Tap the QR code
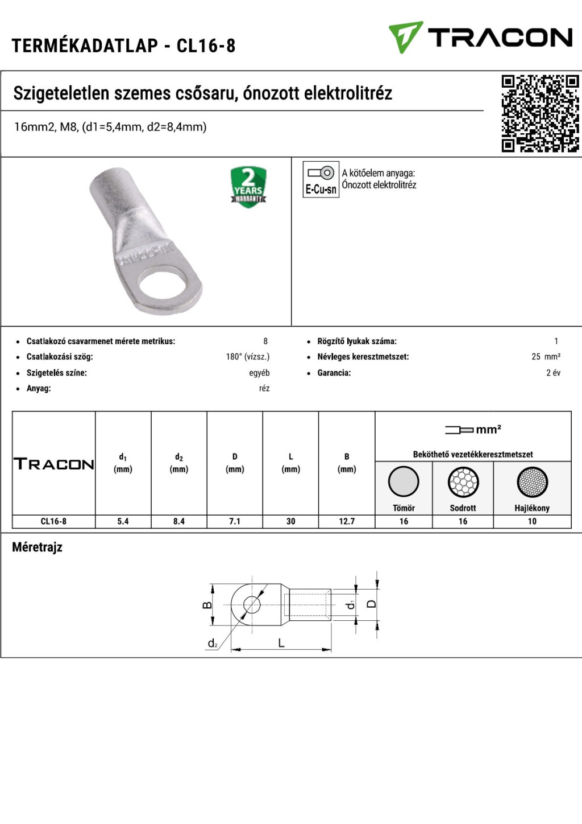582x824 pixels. [539, 113]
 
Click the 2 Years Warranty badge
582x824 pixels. [248, 187]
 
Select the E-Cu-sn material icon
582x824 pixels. [321, 179]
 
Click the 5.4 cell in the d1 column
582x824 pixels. [123, 521]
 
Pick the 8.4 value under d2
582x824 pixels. [179, 521]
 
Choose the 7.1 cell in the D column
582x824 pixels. [235, 521]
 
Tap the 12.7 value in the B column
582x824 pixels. [347, 521]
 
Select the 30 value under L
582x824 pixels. [290, 521]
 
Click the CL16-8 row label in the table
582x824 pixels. [53, 521]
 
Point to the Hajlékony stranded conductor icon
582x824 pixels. [532, 482]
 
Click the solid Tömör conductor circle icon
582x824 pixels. [404, 482]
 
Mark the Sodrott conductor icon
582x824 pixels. [463, 482]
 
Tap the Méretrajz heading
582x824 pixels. [38, 547]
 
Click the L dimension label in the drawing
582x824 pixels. [281, 643]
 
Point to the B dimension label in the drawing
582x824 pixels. [207, 604]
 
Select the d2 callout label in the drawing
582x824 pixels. [213, 644]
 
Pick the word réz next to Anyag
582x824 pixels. [264, 389]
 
